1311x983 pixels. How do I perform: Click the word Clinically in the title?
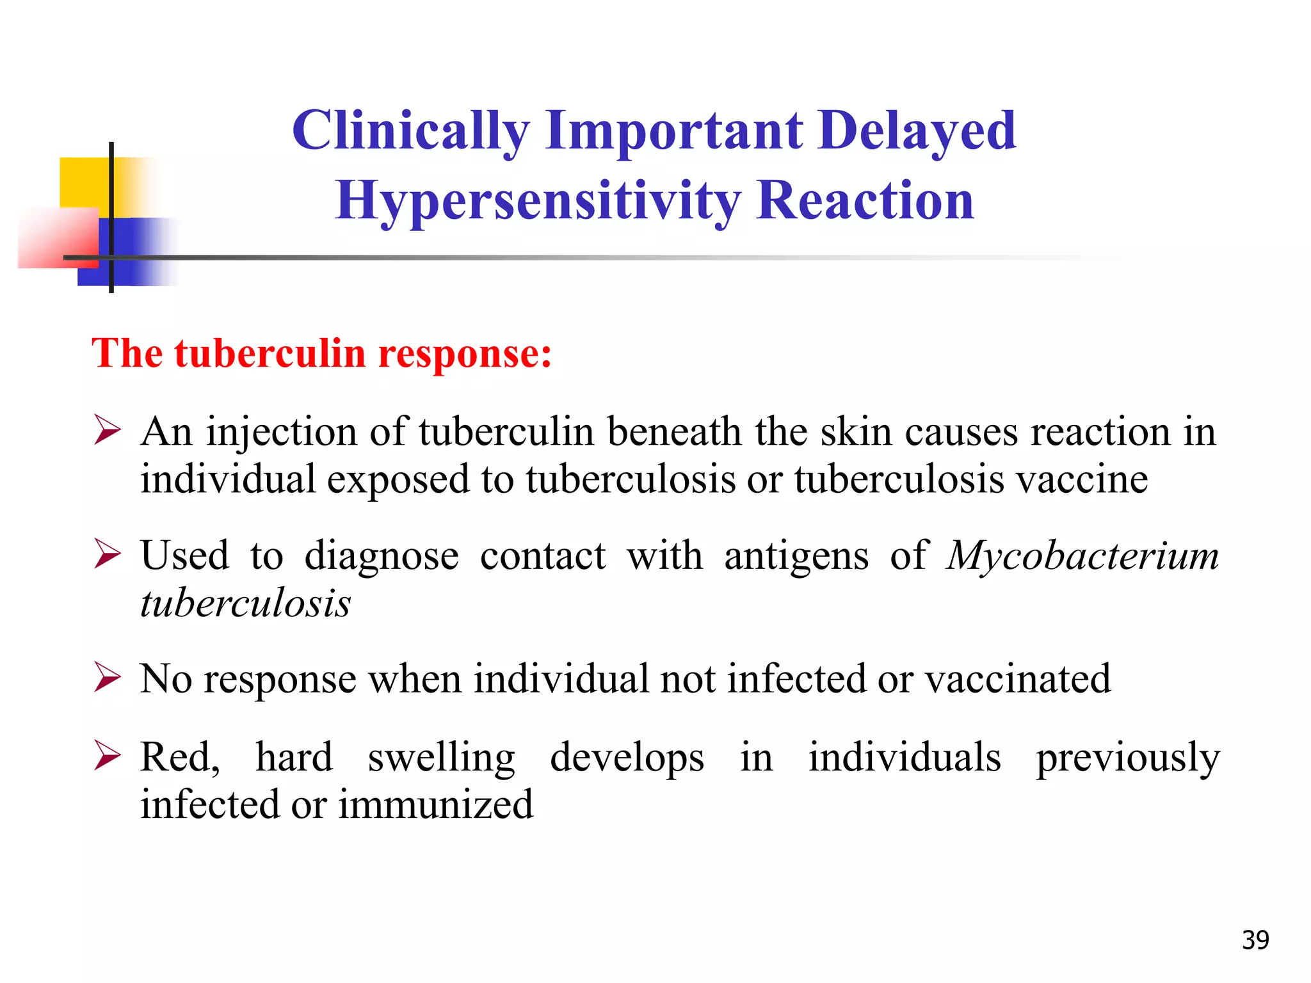410,131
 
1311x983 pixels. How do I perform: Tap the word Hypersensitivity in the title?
536,201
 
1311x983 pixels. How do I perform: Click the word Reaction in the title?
865,201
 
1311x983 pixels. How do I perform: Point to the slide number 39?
1255,940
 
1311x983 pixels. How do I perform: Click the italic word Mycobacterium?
1082,555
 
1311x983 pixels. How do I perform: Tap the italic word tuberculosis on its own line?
245,603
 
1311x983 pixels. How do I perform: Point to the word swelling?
441,758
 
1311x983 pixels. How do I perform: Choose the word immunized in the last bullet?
435,804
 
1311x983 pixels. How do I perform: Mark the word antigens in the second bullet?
796,555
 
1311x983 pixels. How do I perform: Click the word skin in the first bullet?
856,431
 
